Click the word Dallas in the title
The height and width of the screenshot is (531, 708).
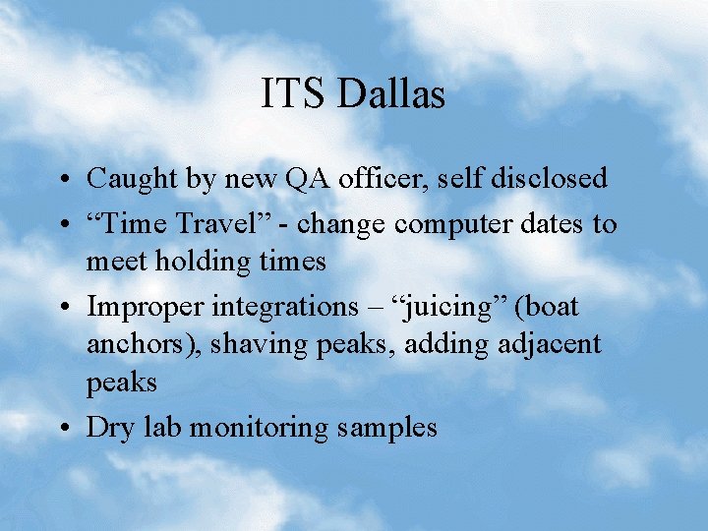tap(392, 94)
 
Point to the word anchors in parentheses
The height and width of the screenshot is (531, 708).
tap(129, 344)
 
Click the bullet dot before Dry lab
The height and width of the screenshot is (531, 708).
tap(64, 429)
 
